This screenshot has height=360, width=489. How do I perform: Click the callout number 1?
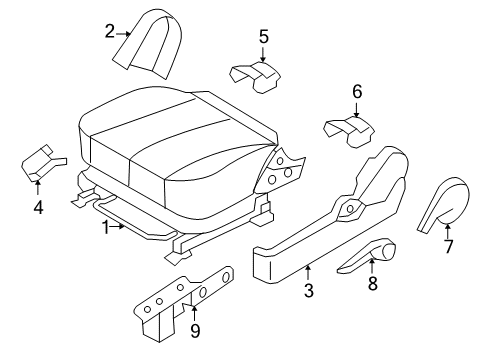tap(105, 227)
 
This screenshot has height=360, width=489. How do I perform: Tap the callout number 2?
tap(109, 32)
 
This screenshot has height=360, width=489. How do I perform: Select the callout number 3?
tap(309, 291)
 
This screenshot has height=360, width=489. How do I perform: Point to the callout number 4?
tap(38, 208)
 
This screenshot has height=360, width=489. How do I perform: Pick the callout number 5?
tap(264, 37)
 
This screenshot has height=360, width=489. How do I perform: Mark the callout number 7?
tap(448, 246)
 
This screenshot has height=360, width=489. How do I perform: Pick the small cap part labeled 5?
tap(256, 74)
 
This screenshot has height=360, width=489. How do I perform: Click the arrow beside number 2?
tap(128, 33)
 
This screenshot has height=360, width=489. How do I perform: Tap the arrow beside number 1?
tap(122, 227)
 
